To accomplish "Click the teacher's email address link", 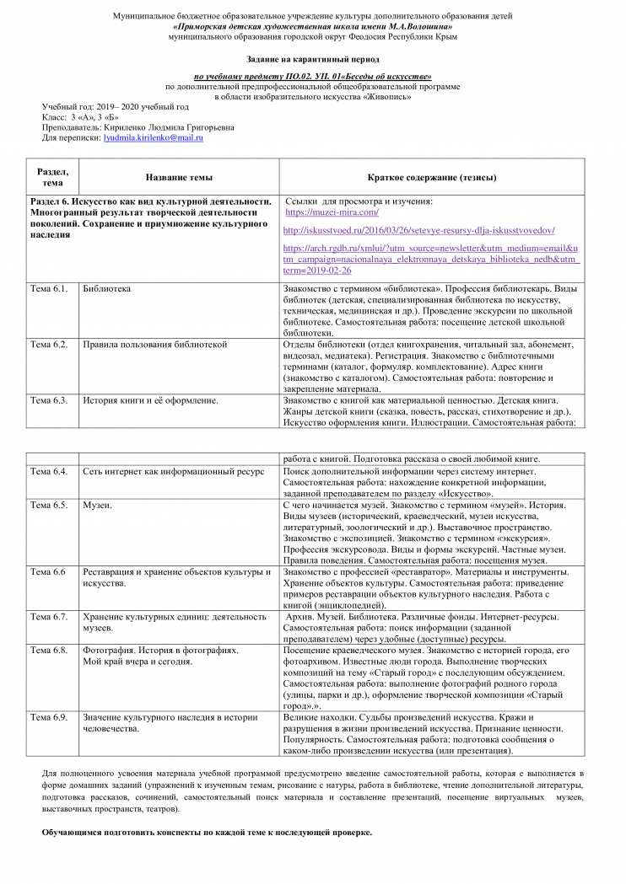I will (x=153, y=137).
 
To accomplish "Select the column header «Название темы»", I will (x=179, y=178).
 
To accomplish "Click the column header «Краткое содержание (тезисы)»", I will (x=431, y=178).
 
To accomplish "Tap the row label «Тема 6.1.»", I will (x=48, y=288).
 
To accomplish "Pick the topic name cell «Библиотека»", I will (x=106, y=288).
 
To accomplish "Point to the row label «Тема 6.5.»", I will (x=48, y=505).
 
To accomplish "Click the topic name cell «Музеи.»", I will (x=98, y=505).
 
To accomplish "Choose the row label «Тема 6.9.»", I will (x=48, y=717).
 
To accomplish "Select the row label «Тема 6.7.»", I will (x=48, y=617).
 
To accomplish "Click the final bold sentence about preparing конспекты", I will (x=207, y=832).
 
